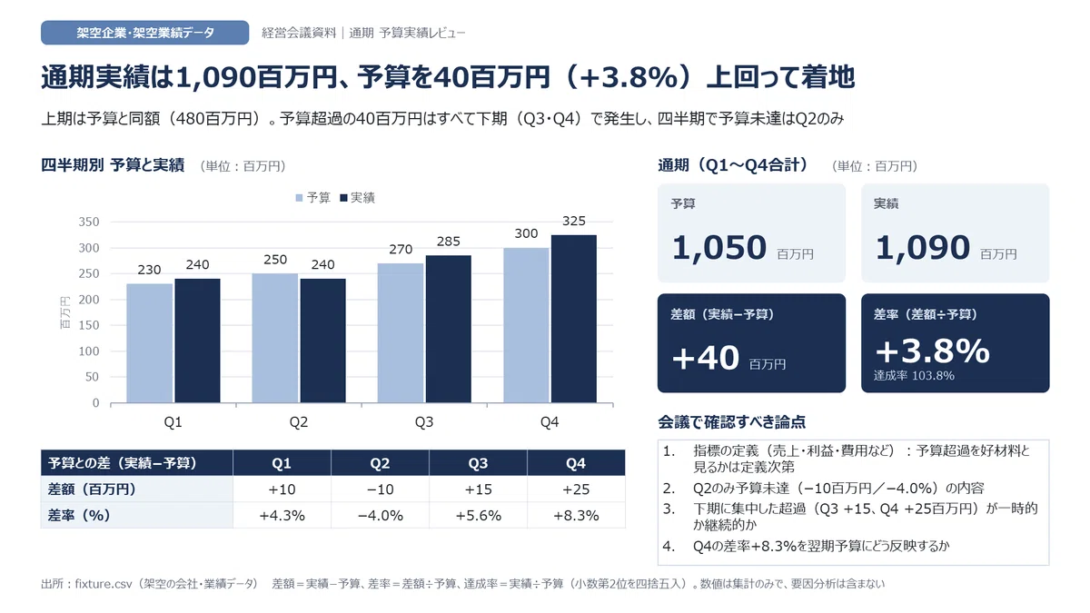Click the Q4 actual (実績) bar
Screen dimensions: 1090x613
(574, 319)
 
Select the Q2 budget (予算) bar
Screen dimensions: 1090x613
(275, 338)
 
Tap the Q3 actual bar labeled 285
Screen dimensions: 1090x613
(448, 329)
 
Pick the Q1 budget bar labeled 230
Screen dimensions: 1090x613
(149, 343)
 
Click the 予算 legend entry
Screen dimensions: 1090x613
(312, 198)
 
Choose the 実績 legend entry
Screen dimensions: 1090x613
(357, 198)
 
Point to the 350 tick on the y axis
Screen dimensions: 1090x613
(89, 222)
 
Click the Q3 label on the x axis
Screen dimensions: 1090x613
(424, 421)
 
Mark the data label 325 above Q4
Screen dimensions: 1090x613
(574, 221)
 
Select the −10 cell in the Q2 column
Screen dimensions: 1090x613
(380, 489)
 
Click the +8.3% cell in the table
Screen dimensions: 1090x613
(576, 515)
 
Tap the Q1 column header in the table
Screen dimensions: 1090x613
(282, 463)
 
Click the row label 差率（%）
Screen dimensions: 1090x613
(79, 515)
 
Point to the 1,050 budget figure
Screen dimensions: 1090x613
(719, 247)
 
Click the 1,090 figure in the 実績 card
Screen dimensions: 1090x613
(923, 247)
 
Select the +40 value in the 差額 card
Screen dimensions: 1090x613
(705, 358)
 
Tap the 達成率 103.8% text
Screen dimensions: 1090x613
(914, 376)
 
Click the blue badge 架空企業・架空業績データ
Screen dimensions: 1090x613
(145, 33)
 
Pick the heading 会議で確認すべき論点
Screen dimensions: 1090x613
(732, 421)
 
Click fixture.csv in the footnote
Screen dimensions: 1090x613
(104, 584)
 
